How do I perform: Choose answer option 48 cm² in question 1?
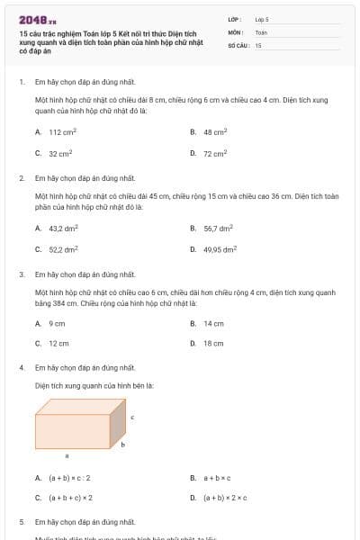tap(214, 131)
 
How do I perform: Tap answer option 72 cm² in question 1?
tap(214, 153)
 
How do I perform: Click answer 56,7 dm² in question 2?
tap(218, 228)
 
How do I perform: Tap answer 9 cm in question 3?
tap(57, 323)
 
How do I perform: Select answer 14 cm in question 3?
tap(213, 323)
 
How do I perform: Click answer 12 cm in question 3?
tap(58, 343)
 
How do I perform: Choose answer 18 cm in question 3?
tap(213, 343)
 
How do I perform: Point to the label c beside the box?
tap(132, 417)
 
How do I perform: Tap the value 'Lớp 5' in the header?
tap(262, 18)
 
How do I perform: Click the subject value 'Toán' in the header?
tap(261, 31)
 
